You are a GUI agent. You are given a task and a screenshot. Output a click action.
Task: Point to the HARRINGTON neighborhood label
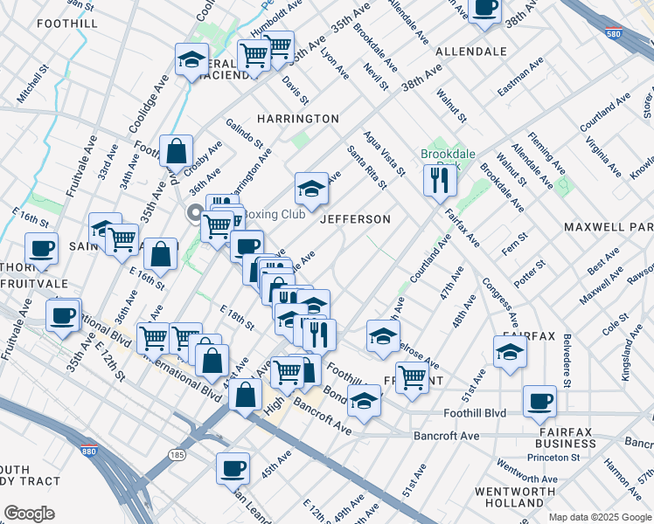(297, 119)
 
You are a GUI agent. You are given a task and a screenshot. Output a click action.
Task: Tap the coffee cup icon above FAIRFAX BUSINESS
(539, 402)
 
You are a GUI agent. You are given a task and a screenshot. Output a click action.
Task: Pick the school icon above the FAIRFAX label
(511, 352)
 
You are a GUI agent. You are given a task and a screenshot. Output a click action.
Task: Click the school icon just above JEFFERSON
(311, 187)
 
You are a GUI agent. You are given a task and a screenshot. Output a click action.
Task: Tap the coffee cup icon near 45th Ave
(233, 467)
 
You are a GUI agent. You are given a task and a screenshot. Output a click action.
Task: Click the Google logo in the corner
(29, 513)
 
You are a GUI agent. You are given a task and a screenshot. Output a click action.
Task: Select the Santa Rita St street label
(366, 166)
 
